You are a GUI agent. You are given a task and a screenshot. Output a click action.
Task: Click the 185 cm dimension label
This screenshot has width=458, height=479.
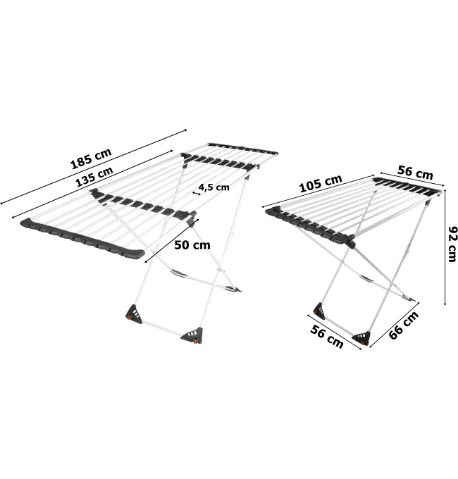[91, 158]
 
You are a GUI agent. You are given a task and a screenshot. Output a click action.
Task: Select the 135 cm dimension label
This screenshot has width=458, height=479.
[94, 177]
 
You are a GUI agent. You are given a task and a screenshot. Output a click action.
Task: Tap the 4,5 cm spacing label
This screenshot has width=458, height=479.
[214, 187]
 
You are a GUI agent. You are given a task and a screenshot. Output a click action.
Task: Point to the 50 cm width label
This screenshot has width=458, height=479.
[192, 244]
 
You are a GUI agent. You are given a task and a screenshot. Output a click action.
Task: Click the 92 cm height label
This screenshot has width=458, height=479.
[452, 244]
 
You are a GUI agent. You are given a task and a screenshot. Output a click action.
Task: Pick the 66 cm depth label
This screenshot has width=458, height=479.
[404, 325]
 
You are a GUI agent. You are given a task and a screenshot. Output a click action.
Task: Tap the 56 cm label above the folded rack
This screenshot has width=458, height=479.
[415, 173]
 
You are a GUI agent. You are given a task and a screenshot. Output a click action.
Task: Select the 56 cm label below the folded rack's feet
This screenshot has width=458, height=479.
[327, 337]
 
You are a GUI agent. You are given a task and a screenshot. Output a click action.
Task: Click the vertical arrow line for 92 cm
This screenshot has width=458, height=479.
[445, 247]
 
